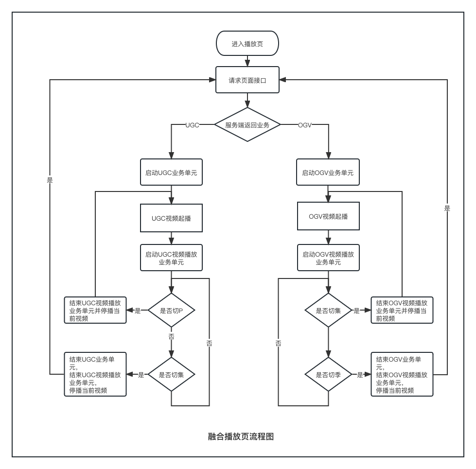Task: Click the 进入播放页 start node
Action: coord(247,43)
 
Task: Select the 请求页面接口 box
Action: coord(247,80)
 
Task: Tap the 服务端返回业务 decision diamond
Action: coord(247,125)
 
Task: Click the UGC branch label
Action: coord(192,125)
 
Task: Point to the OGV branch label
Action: coord(305,125)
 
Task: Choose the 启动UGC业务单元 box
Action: coord(171,173)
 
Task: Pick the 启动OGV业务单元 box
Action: coord(328,173)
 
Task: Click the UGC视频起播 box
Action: coord(171,218)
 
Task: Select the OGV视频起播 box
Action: coord(328,216)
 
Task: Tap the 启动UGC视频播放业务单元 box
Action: coord(171,258)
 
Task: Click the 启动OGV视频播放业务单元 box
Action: coord(328,258)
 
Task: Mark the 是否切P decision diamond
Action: coord(171,311)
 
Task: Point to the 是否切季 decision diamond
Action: coord(328,375)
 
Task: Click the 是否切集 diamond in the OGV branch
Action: coord(328,311)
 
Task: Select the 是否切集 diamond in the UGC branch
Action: coord(171,375)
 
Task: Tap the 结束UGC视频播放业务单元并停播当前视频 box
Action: coord(95,311)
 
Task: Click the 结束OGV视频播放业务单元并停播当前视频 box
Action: coord(402,311)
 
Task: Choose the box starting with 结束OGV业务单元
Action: coord(402,374)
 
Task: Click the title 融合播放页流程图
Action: coord(241,436)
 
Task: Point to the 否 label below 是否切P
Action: coord(171,336)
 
